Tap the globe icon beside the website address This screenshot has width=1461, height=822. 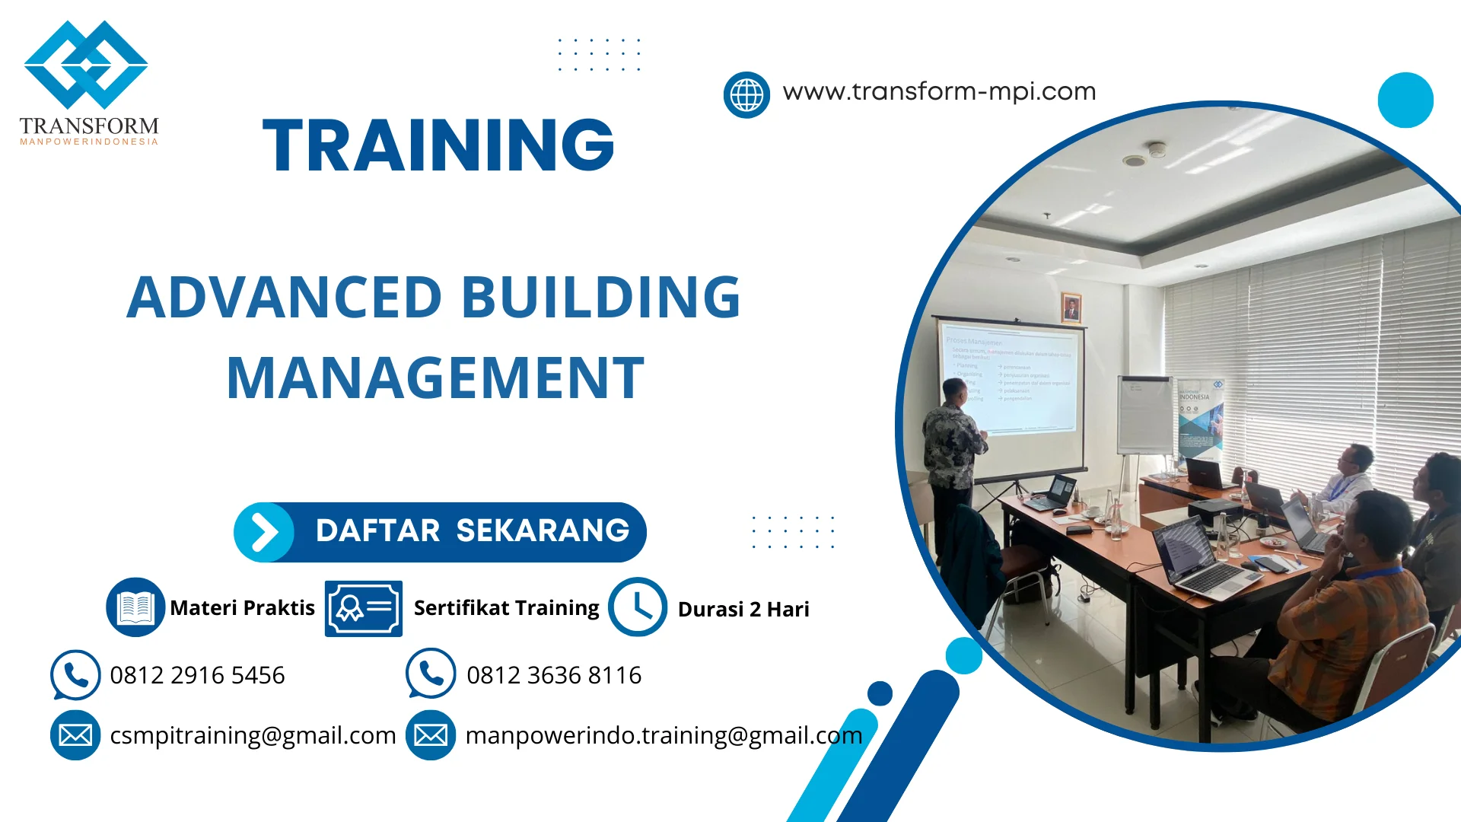pos(746,95)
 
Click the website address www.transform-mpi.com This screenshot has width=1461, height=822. pos(939,92)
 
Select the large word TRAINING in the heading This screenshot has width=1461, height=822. pos(438,145)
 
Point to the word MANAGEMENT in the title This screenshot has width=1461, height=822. pos(435,378)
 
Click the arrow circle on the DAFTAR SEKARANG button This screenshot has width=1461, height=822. pos(264,532)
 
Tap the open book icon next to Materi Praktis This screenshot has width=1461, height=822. pos(135,607)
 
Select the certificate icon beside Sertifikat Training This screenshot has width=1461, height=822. pos(363,608)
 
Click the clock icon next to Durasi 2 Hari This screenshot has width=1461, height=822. pos(637,607)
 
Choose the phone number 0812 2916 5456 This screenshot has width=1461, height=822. pos(197,675)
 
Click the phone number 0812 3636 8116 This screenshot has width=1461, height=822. pos(553,675)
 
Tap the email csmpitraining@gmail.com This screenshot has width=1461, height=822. pos(253,735)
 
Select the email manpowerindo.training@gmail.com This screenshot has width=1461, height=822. pos(664,735)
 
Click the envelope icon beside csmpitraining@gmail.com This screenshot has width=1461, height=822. pos(75,735)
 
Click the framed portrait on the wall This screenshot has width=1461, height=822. pos(1071,307)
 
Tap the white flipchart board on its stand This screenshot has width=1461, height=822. pos(1144,415)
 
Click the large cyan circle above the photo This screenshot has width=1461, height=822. pos(1405,100)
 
